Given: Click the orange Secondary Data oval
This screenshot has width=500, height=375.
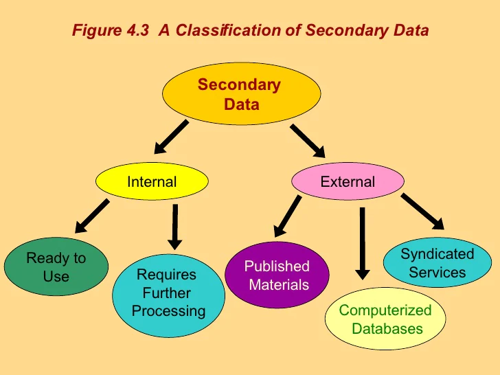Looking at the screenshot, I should pos(240,95).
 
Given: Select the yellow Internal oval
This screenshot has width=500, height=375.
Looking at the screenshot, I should pos(151,182).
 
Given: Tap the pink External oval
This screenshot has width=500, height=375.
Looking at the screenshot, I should pos(348,182).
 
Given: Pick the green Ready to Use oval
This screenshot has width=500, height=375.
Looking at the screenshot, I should pos(56,267).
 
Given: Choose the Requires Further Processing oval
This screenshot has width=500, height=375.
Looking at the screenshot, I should pos(168,293).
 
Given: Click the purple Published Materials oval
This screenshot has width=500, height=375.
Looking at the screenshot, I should pos(277,275).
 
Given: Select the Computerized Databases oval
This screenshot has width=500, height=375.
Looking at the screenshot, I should pos(386,319).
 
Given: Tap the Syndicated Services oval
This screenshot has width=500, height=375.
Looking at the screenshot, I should pos(437,263).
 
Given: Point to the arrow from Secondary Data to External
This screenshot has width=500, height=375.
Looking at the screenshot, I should pos(307,140).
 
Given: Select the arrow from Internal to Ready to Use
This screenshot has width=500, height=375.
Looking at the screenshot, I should pos(92,216).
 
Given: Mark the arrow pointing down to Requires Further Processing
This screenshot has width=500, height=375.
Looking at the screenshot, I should pos(176,226).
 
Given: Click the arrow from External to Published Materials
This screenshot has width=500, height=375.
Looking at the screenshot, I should pos(288,216).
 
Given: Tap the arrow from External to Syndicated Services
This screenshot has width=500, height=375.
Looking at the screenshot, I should pos(422,211).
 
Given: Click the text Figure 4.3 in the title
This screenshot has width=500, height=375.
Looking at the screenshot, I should pos(111,31).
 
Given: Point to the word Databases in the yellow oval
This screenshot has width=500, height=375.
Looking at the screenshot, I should pos(387,328).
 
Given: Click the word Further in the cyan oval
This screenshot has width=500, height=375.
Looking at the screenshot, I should pos(167,293).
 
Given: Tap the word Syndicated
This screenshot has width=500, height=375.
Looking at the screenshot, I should pos(437,254).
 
